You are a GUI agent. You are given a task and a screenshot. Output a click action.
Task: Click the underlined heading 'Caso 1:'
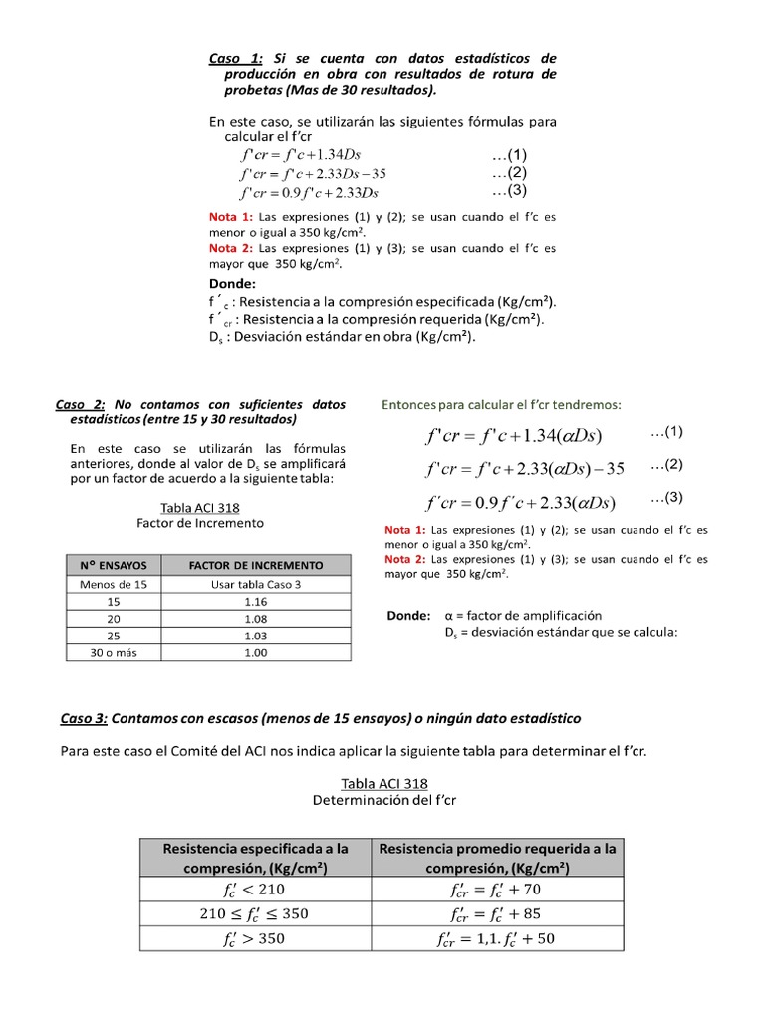pos(235,58)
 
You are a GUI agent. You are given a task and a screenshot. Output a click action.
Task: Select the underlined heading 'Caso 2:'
pos(80,404)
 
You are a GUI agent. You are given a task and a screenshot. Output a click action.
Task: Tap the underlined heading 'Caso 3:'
pos(84,718)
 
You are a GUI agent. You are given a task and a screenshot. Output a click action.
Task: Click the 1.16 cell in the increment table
pos(256,603)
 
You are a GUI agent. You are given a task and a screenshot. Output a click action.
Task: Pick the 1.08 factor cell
pos(256,619)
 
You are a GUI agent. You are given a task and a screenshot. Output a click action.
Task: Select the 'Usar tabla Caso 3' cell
pos(256,585)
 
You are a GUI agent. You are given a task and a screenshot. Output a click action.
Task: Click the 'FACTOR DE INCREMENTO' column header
pos(256,565)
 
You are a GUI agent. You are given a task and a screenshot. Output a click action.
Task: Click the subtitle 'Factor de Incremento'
pos(200,523)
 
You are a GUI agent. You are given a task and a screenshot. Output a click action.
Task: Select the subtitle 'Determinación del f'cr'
pos(383,800)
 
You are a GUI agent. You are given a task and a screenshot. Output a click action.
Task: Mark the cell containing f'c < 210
pos(255,889)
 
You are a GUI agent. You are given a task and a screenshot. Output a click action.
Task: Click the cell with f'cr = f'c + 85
pos(496,913)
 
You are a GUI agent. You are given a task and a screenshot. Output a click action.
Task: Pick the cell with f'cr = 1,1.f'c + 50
pos(496,938)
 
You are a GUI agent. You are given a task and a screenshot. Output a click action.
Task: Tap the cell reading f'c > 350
pos(255,938)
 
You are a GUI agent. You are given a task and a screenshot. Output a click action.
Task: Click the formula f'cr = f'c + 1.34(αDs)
pos(513,436)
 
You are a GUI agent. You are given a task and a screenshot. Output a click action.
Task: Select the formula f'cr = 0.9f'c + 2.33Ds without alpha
pos(309,192)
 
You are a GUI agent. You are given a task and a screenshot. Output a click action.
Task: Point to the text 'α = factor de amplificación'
pos(523,616)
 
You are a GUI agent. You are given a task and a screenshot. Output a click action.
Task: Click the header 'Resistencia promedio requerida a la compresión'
pos(496,858)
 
